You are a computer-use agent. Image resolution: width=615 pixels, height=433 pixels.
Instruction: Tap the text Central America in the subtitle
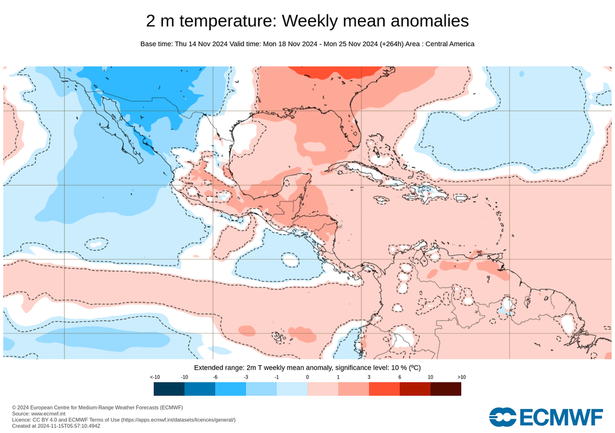click(450, 44)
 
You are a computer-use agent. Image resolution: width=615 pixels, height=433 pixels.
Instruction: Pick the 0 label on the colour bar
click(307, 377)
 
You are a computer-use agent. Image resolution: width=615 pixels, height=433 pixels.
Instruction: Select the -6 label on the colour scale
click(215, 377)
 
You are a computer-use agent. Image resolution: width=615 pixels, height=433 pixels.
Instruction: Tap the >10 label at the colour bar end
click(461, 377)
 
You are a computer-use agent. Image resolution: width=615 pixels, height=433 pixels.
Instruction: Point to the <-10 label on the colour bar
click(154, 377)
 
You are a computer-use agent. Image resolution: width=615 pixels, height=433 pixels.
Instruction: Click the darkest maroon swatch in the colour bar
click(446, 389)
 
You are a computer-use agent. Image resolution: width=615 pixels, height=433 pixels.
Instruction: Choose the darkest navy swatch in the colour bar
click(169, 389)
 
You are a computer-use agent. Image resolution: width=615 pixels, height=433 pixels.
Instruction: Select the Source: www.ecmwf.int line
click(39, 414)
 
